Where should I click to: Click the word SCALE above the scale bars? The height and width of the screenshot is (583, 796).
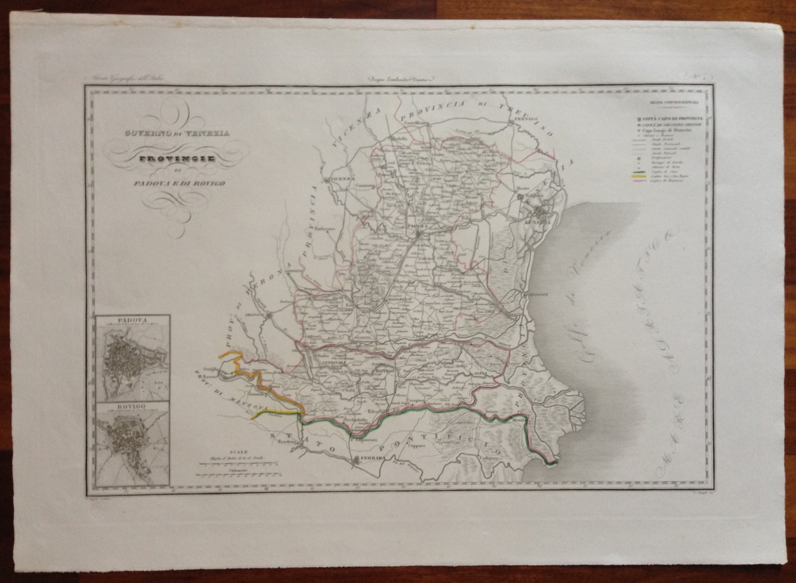coord(237,450)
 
